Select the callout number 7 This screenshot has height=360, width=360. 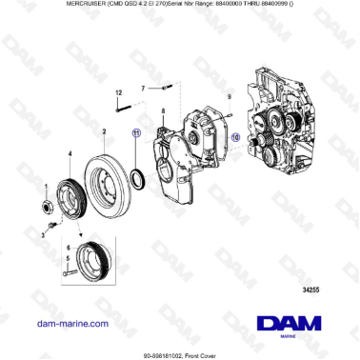(x=143, y=88)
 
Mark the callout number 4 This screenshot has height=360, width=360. (x=69, y=152)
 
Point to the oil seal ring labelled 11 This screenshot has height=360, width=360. (x=138, y=176)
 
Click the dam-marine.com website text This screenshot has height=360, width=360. (x=71, y=324)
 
